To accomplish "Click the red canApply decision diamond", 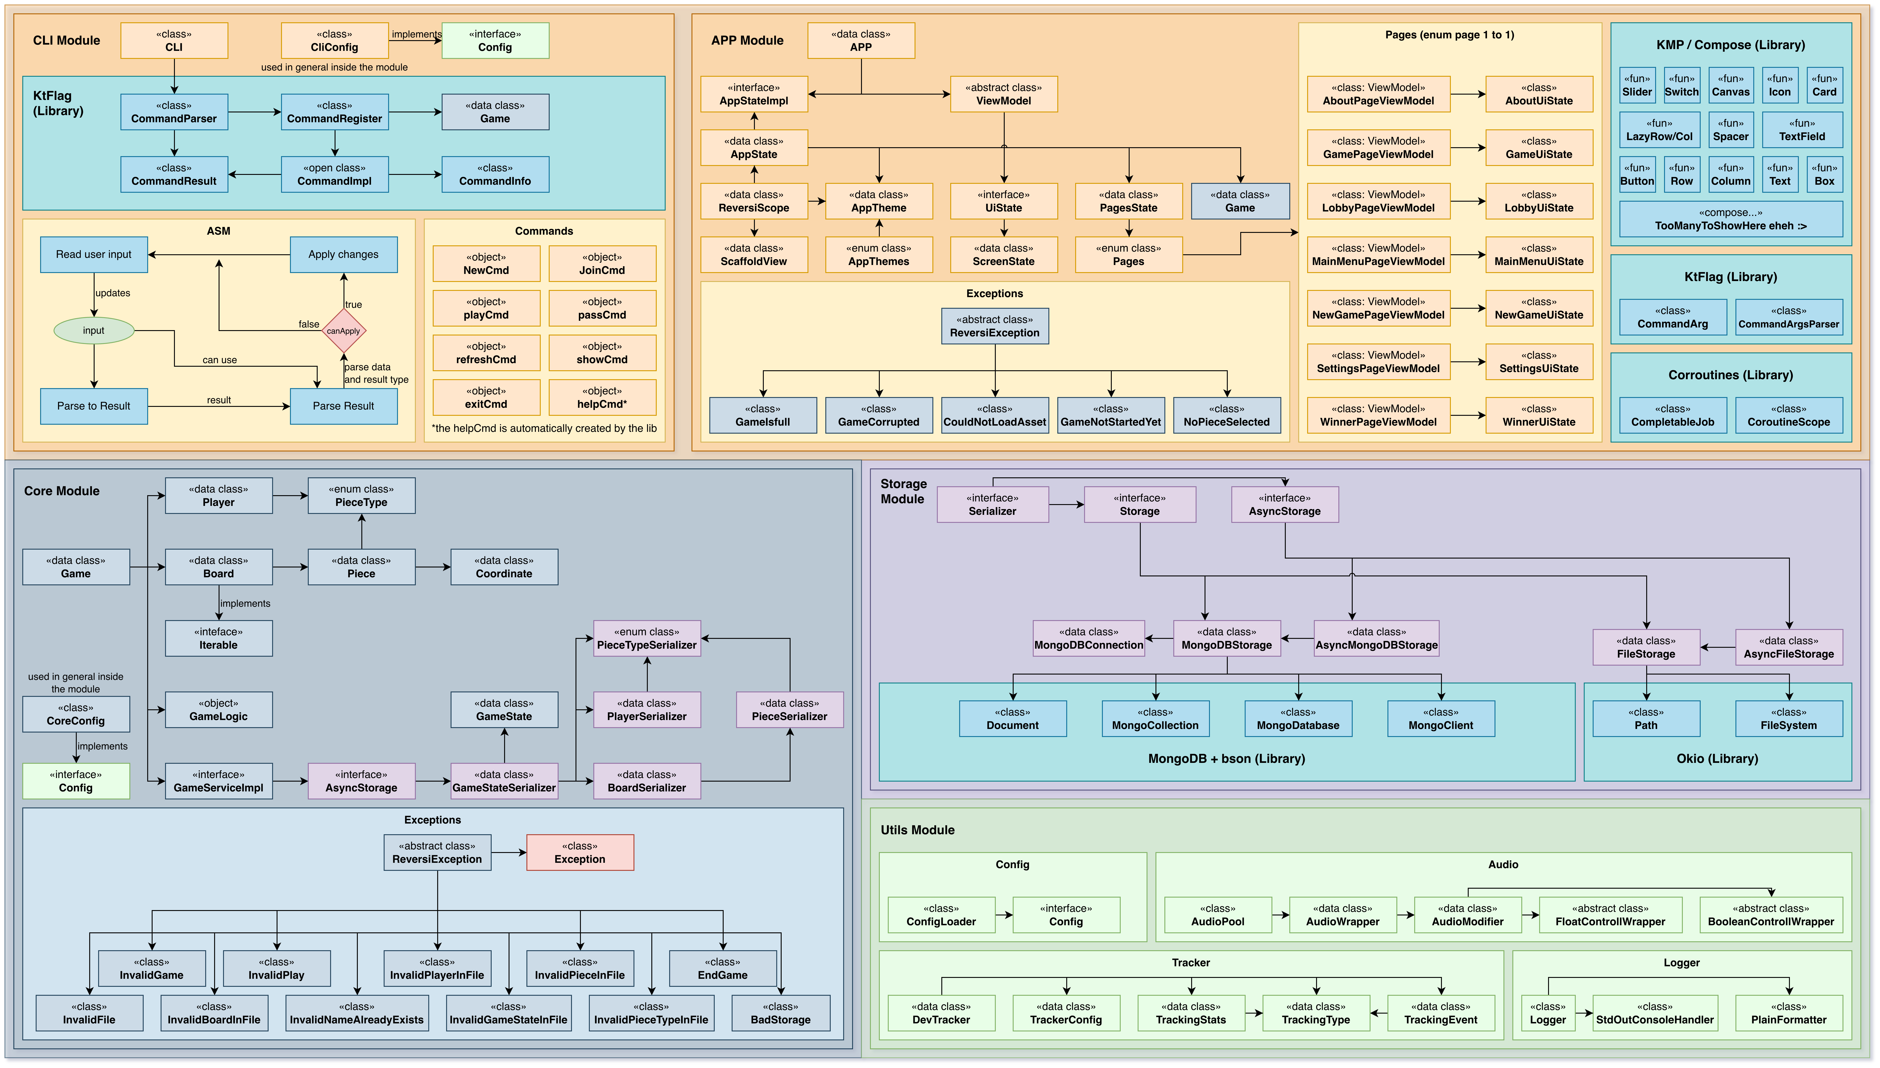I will (343, 331).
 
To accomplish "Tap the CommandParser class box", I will (174, 112).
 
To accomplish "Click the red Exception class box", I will (580, 852).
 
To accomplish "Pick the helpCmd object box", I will (602, 397).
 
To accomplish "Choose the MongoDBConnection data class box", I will (1089, 638).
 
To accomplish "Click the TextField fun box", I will (1801, 130).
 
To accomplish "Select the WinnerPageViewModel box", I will (1378, 415).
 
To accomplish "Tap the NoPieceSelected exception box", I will (1226, 415).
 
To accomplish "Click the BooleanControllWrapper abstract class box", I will (1771, 915).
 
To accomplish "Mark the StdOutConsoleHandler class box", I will (1655, 1013).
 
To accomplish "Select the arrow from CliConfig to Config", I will (415, 40).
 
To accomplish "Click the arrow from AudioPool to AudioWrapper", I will (1281, 915).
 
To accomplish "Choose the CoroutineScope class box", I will (1788, 415).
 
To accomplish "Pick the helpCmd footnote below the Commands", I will (544, 428).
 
